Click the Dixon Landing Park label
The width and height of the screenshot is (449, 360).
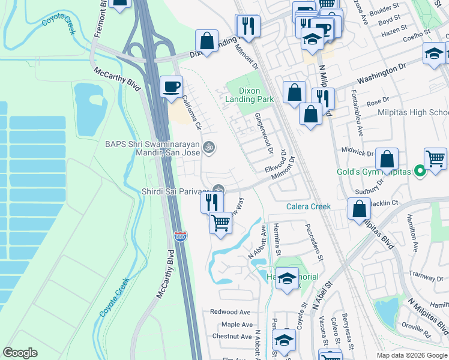pyautogui.click(x=250, y=94)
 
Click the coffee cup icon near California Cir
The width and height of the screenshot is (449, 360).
pyautogui.click(x=172, y=86)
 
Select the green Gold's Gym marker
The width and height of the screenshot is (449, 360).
pyautogui.click(x=420, y=172)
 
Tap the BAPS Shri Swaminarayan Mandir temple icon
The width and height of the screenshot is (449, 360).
pyautogui.click(x=209, y=146)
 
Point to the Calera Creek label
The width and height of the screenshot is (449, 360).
pyautogui.click(x=309, y=206)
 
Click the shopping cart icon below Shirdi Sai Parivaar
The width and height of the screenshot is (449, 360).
pyautogui.click(x=220, y=223)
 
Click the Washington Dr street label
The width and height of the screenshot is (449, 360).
pyautogui.click(x=382, y=74)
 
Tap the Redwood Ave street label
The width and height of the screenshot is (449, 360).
pyautogui.click(x=230, y=312)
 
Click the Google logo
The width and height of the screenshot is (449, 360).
pyautogui.click(x=20, y=353)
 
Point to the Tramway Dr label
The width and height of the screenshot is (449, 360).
pyautogui.click(x=425, y=273)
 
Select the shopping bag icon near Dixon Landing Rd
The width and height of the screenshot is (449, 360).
pyautogui.click(x=206, y=41)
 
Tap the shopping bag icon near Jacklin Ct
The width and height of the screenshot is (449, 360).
pyautogui.click(x=359, y=209)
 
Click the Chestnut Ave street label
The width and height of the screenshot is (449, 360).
pyautogui.click(x=231, y=337)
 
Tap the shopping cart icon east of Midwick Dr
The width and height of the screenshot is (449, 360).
pyautogui.click(x=435, y=158)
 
